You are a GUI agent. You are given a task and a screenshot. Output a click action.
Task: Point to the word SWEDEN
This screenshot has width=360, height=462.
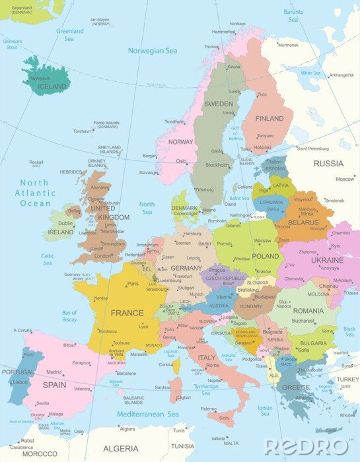(218, 104)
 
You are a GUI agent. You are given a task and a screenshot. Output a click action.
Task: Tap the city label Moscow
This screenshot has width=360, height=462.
(345, 179)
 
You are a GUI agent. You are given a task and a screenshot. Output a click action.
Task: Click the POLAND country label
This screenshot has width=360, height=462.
(266, 256)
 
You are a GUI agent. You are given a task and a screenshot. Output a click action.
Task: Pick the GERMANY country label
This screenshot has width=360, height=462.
(186, 269)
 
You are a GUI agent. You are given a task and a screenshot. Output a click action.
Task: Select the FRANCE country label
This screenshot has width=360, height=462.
(127, 313)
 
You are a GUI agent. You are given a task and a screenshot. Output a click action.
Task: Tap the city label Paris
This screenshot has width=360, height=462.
(133, 284)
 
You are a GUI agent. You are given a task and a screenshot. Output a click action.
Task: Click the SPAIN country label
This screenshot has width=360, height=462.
(54, 384)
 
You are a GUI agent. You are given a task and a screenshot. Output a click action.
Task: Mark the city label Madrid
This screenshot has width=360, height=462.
(54, 372)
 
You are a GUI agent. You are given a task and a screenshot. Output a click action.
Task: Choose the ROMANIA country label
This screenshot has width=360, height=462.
(308, 310)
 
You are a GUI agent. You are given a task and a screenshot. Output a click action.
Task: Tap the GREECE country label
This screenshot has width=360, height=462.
(296, 387)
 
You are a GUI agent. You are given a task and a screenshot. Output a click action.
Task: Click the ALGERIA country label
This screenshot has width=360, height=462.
(121, 449)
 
